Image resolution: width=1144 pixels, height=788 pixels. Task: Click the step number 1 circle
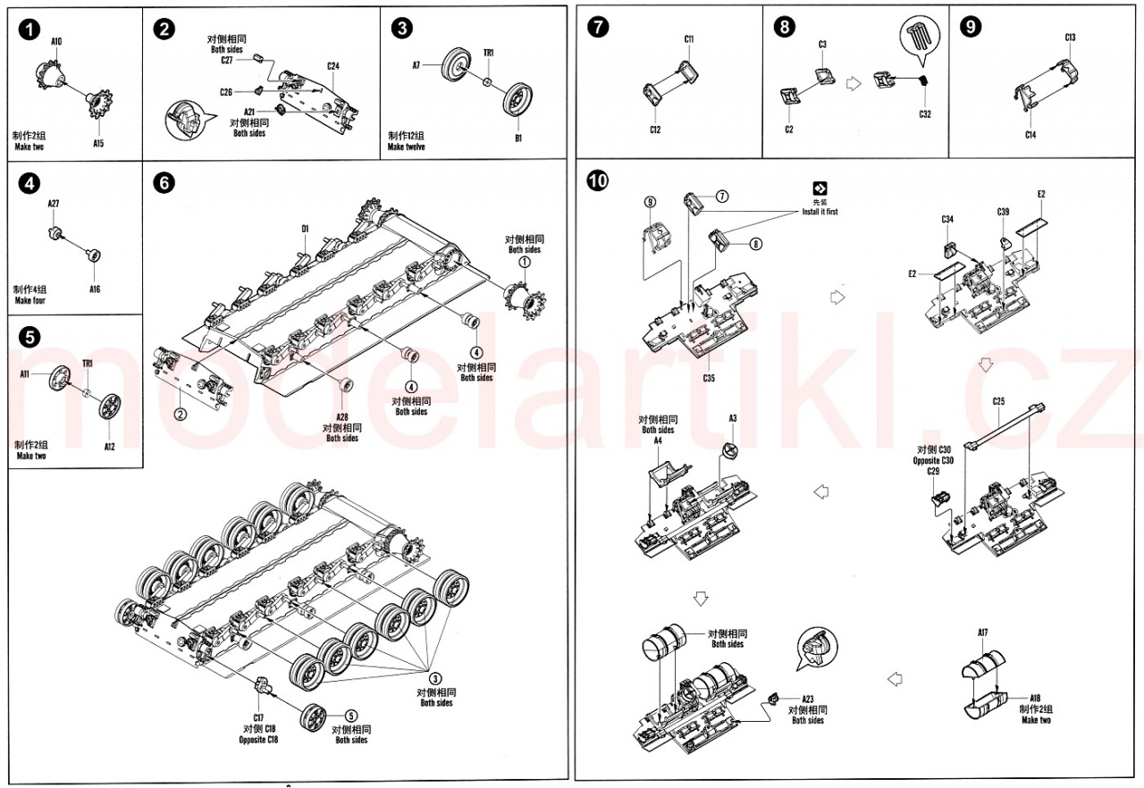point(29,29)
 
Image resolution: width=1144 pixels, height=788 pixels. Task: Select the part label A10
point(56,41)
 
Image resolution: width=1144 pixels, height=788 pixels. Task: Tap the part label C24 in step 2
point(332,66)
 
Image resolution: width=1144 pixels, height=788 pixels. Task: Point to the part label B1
point(517,138)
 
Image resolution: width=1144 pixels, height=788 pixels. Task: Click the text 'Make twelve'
point(407,147)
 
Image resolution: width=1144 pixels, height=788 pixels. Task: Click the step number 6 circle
point(164,182)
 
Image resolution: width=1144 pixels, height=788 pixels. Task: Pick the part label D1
point(305,230)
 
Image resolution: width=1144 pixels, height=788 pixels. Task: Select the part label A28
point(342,418)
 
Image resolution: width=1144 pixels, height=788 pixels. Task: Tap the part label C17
point(258,717)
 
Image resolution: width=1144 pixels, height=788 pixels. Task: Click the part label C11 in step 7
point(689,39)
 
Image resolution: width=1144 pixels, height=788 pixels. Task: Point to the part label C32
point(924,114)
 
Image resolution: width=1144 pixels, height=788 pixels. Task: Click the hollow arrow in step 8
point(853,83)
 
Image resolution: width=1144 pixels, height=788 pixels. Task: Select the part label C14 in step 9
point(1030,135)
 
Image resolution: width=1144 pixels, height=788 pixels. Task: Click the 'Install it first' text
point(820,212)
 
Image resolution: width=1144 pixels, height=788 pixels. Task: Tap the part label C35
point(709,378)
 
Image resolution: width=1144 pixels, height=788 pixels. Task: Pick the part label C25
point(998,401)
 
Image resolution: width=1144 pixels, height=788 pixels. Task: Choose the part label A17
point(982,633)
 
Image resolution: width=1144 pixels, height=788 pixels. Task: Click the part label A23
point(807,700)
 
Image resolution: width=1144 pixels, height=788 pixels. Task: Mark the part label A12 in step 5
point(109,447)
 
